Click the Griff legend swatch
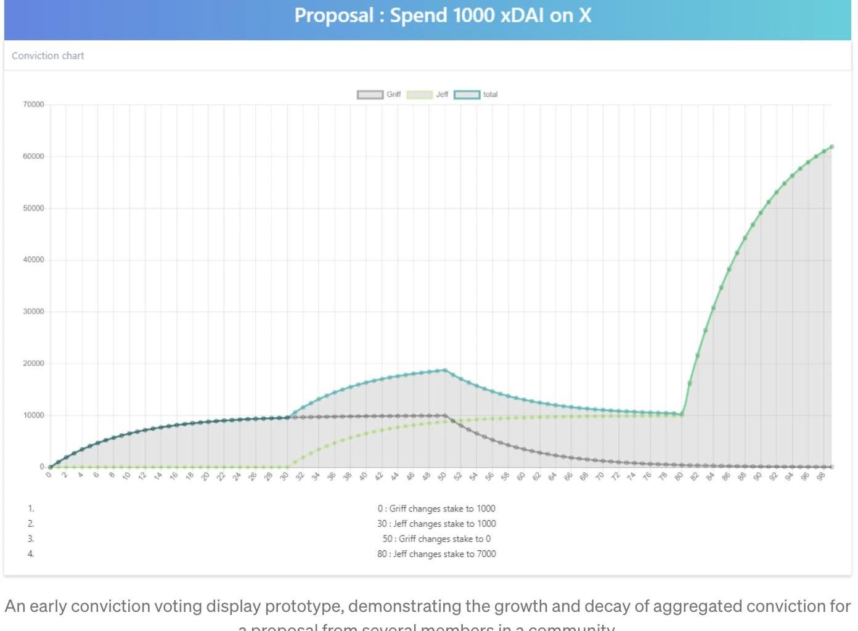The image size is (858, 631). point(370,95)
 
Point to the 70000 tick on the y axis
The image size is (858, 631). point(33,105)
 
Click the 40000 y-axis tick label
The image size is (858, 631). point(33,260)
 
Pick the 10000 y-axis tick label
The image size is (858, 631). point(33,415)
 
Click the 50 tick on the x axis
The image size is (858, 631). point(442,476)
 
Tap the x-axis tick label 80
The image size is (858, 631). point(679,476)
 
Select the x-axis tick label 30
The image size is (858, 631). point(284,476)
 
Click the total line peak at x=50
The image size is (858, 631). point(445,370)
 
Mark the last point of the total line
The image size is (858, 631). point(831,147)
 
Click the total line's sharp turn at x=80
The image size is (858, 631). point(682,415)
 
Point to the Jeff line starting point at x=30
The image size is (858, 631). point(287,467)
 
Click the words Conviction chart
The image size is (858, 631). point(48,56)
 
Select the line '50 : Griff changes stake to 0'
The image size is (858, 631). point(436,539)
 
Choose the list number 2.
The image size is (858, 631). point(31,524)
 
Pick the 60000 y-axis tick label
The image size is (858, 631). point(33,157)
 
